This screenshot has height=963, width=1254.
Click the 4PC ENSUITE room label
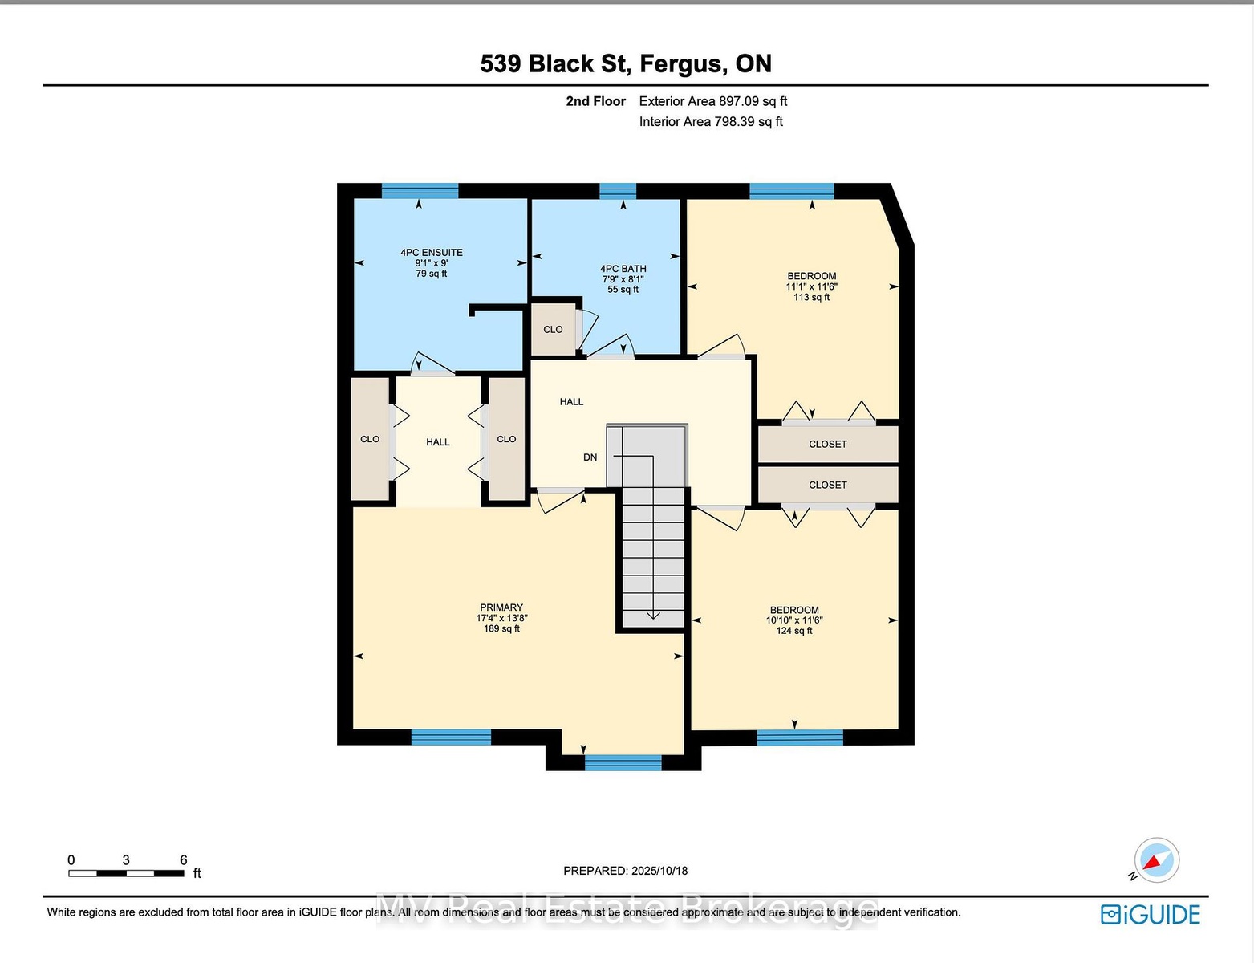point(432,253)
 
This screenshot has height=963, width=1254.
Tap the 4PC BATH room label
point(623,269)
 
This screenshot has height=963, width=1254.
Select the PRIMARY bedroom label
point(501,607)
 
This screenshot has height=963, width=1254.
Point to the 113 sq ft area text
point(811,298)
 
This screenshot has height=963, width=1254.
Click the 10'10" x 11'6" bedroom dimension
point(794,621)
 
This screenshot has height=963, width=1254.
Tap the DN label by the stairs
point(590,457)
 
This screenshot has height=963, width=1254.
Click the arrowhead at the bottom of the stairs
point(653,616)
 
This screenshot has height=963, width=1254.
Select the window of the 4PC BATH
point(618,191)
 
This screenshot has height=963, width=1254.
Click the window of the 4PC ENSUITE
point(420,191)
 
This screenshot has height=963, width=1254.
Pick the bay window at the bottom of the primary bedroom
point(623,763)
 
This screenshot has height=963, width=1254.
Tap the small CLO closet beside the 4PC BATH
point(554,330)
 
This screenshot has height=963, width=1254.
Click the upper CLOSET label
point(828,445)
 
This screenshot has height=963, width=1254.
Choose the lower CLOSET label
point(828,486)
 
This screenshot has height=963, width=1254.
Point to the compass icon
point(1156,860)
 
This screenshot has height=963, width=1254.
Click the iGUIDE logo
point(1151,915)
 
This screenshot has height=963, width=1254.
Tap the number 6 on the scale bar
point(184,860)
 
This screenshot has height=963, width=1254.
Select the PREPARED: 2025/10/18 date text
point(626,871)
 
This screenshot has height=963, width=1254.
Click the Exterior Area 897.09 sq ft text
point(713,102)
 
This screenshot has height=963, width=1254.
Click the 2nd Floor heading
point(595,102)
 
